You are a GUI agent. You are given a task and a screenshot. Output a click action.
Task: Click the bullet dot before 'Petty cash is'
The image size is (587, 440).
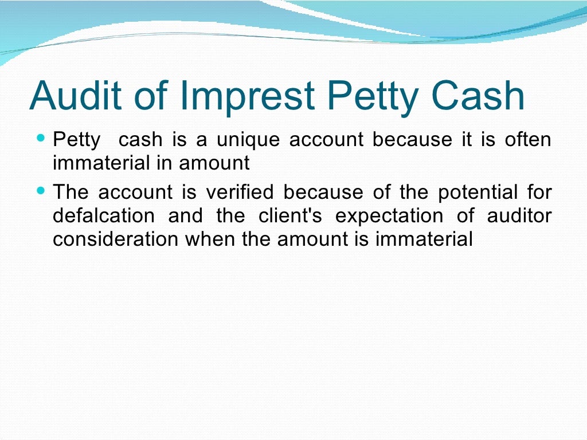[x=40, y=139]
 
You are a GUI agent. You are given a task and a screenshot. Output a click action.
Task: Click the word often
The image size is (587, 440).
[x=528, y=140]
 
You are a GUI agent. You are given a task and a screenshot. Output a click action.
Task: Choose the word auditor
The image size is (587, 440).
[x=519, y=216]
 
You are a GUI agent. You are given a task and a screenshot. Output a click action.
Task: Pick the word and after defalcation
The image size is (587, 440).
[x=185, y=216]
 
